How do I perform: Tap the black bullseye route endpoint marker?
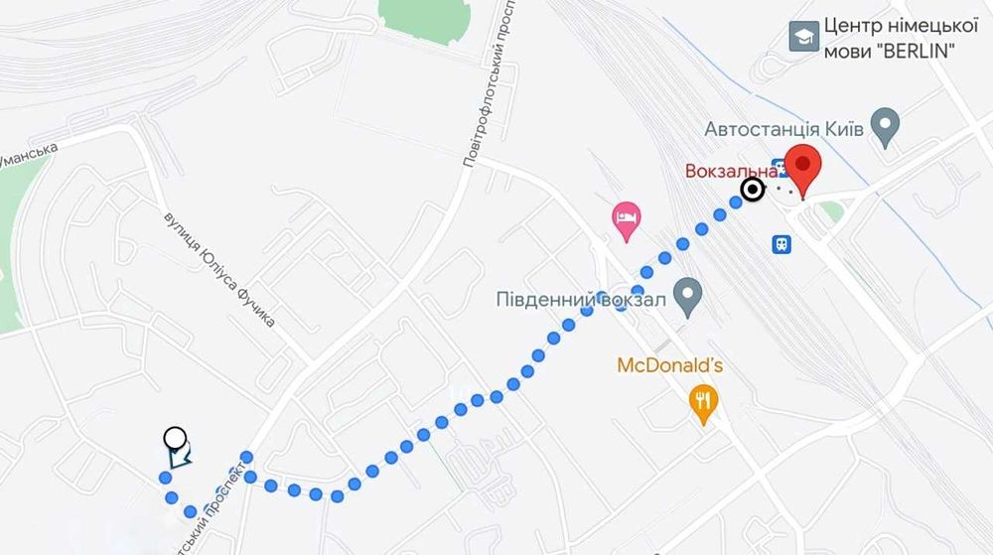coord(754,190)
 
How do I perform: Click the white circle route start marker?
coord(175,437)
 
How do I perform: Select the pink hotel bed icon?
coord(626,219)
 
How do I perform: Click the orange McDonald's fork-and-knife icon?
coord(704,402)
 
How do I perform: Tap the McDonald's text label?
coord(669,365)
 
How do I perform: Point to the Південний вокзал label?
coord(579,298)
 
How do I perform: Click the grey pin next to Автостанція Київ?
coord(884,127)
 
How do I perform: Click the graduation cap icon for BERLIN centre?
coord(801,37)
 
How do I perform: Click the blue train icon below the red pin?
coord(782,242)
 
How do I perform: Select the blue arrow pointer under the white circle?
coord(180,457)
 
